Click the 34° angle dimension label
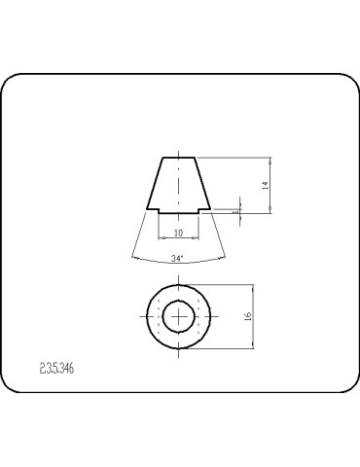point(177,259)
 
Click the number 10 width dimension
point(178,233)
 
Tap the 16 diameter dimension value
point(248,316)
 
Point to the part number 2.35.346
point(57,369)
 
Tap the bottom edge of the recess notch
point(178,206)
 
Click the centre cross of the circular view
point(178,315)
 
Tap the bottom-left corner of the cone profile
point(147,211)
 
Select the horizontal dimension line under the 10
point(178,239)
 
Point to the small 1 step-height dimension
point(235,207)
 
